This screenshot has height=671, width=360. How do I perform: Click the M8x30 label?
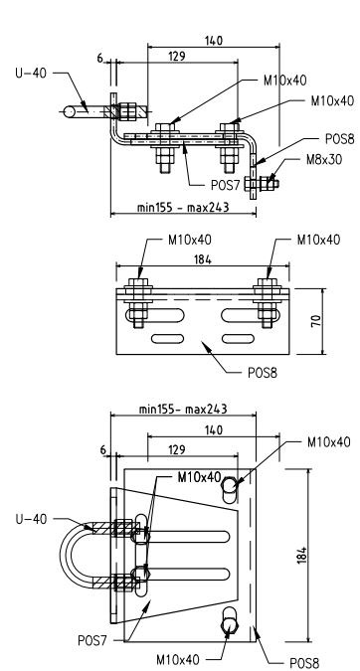tap(323, 160)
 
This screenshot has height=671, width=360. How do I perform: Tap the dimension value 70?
tap(316, 321)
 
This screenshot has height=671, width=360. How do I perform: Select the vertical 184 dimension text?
tap(301, 555)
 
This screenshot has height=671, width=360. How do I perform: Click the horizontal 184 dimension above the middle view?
tap(203, 259)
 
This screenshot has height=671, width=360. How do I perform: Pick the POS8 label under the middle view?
tap(263, 373)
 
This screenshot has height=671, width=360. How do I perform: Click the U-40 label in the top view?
tap(31, 74)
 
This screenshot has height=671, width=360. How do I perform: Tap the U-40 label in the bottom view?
tap(31, 520)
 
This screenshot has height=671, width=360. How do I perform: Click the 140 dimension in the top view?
tap(214, 41)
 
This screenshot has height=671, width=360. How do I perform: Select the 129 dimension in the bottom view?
tap(176, 449)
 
